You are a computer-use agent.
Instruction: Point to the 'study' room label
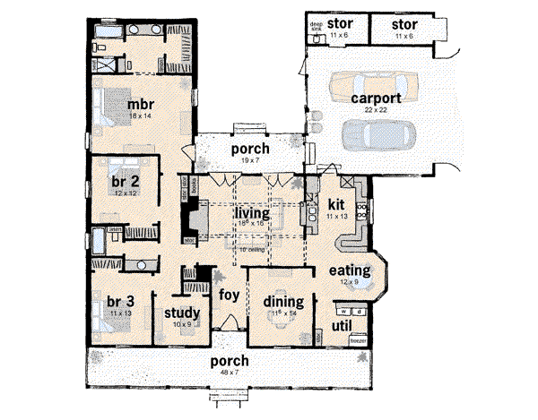tap(180, 313)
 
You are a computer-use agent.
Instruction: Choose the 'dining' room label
tap(282, 302)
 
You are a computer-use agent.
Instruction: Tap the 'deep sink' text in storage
tap(317, 26)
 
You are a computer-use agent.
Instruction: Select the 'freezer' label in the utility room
tap(357, 342)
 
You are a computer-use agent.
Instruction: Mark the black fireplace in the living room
tap(192, 219)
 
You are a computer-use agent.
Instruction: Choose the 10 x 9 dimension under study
tap(181, 324)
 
